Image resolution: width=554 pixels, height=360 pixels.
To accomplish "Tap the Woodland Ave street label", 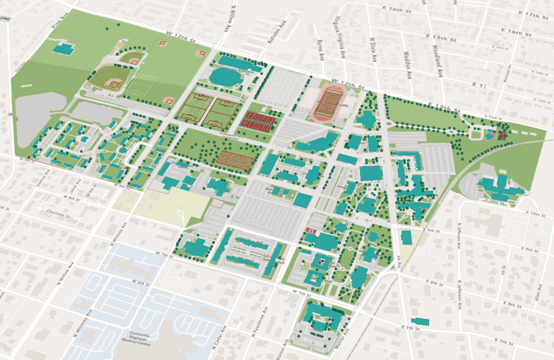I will pos(436,59).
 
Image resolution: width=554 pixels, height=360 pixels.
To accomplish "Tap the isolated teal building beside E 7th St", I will pos(420,321).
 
